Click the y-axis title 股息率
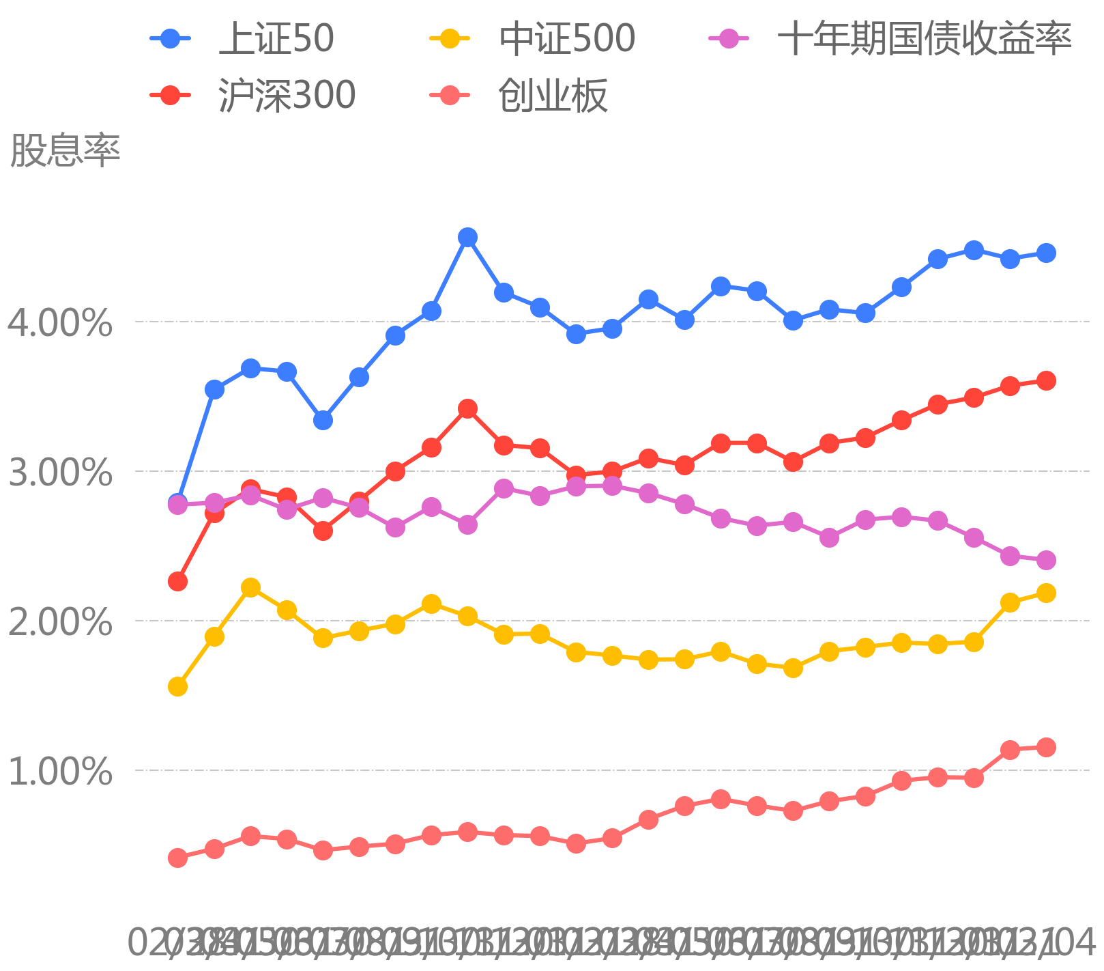click(x=65, y=150)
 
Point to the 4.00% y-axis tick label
click(x=60, y=322)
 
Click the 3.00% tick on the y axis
click(x=60, y=472)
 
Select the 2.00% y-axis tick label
click(x=60, y=621)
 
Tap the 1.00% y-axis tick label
click(x=60, y=771)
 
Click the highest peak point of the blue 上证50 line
click(x=467, y=238)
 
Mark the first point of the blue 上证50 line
click(x=177, y=502)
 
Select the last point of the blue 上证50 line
click(x=1046, y=253)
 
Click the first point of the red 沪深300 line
click(x=177, y=581)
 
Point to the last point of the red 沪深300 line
click(x=1046, y=380)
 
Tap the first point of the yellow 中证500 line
click(x=177, y=686)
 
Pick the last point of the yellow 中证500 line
click(x=1046, y=593)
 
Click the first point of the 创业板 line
click(x=177, y=858)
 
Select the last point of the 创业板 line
click(x=1046, y=747)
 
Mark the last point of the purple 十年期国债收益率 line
click(x=1046, y=560)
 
